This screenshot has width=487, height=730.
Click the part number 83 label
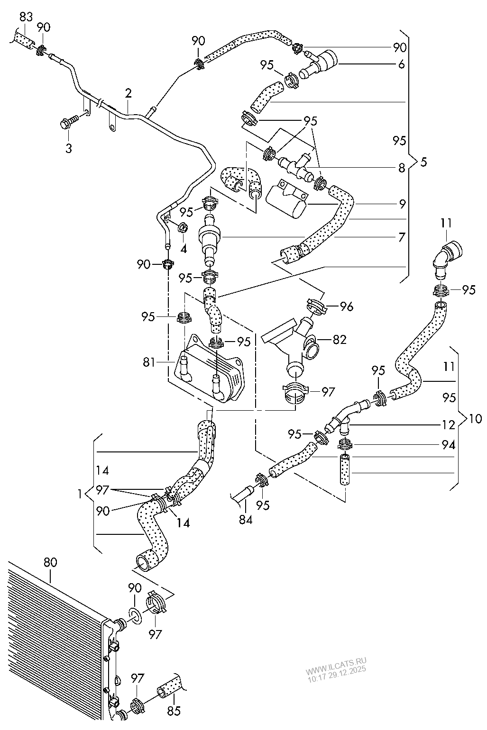coord(26,18)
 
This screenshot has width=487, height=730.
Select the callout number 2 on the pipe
coord(128,93)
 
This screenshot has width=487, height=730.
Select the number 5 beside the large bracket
coord(423,162)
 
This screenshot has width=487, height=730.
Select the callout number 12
coord(448,425)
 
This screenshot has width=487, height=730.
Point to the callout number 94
coord(448,445)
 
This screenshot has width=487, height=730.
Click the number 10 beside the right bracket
coord(475,418)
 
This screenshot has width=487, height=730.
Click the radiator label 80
coord(50,562)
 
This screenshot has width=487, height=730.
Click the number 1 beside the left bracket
coord(80,493)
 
